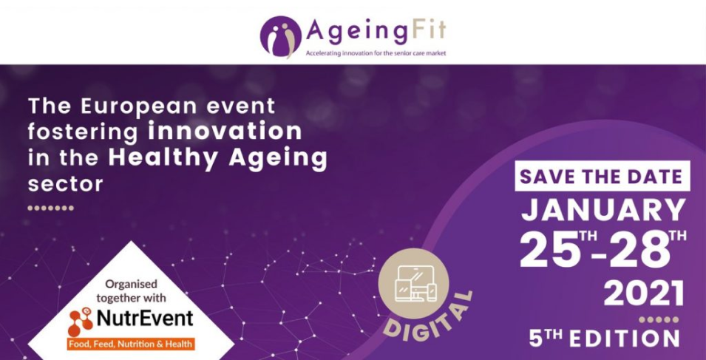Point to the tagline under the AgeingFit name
coord(376,53)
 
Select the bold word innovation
coord(225,131)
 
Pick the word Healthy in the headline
coord(164,159)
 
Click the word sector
coord(65,184)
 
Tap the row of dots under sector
coord(50,208)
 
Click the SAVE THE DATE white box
coord(603,176)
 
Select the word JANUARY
coord(603,210)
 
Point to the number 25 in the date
coord(548,250)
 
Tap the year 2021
coord(644,294)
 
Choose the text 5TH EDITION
coord(604,339)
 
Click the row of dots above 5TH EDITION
coord(659,320)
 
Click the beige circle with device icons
coord(413,284)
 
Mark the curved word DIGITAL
coord(427,322)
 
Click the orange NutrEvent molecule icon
coord(81,322)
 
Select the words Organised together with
coord(131,291)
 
